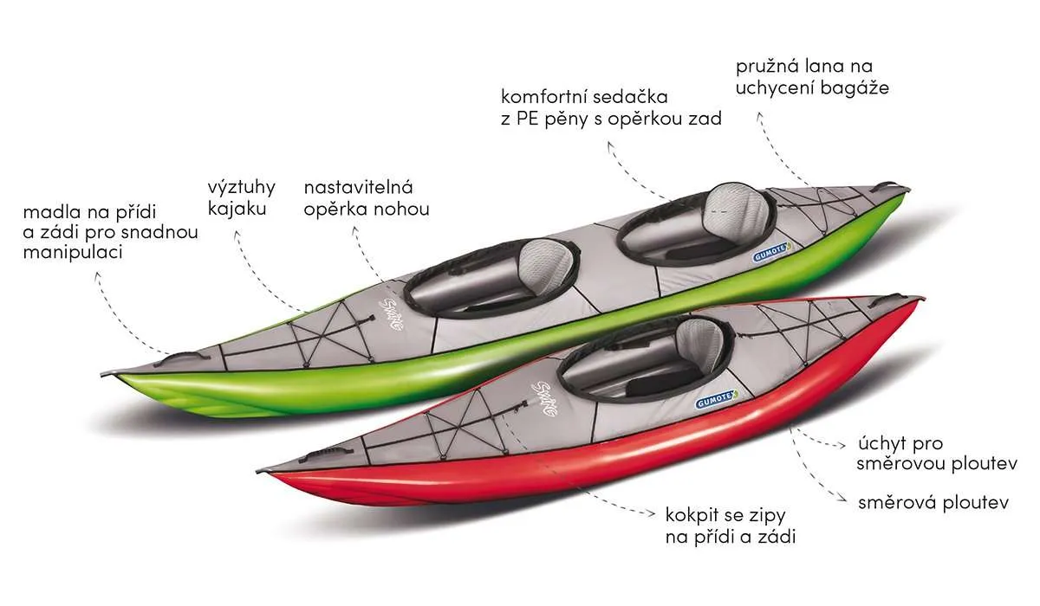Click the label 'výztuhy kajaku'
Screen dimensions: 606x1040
click(x=241, y=198)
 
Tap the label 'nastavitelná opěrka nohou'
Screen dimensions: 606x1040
click(x=366, y=197)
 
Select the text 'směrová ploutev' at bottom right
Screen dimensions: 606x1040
click(x=933, y=502)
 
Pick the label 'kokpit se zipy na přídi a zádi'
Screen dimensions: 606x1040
click(x=730, y=525)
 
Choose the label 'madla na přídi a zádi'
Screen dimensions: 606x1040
click(x=110, y=232)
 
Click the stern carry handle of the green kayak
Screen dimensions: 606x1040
click(x=886, y=185)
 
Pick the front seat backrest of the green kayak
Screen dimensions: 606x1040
click(x=551, y=258)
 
